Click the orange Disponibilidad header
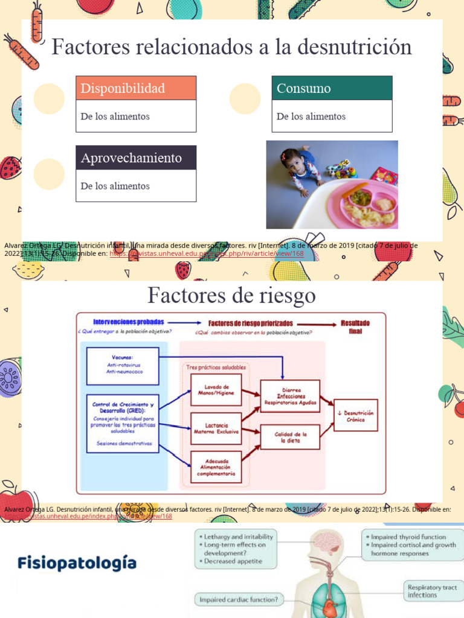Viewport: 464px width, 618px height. pos(135,88)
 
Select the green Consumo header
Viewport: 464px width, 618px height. pos(332,88)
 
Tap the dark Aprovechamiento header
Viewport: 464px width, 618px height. pos(135,158)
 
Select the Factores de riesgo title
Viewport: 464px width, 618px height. pos(231,296)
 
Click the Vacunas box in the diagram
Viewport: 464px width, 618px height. pos(123,366)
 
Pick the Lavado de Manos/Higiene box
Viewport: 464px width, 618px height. pos(216,389)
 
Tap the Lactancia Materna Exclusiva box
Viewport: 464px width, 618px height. pos(216,428)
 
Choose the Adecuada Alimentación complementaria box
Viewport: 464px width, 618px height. pos(216,467)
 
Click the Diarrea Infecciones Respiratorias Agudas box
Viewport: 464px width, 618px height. pos(289,396)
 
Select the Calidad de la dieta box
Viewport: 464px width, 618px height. pos(289,437)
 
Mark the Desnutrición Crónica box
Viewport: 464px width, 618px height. pos(355,415)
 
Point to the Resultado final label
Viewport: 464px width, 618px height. pos(355,327)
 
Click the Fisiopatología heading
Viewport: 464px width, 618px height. pos(77,564)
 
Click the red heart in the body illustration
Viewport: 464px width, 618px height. pos(329,606)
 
